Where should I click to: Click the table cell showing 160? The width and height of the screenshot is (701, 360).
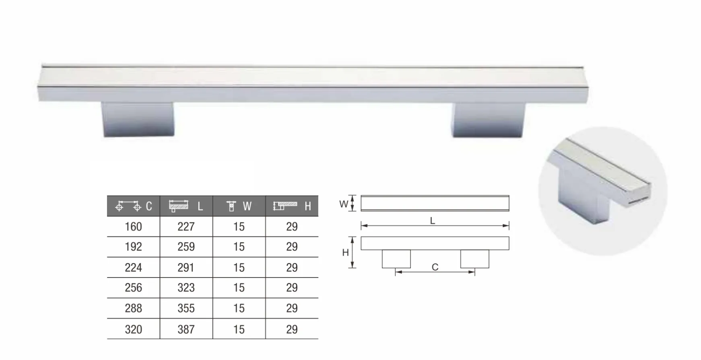pos(133,226)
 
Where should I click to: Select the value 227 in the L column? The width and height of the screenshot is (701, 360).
pos(186,226)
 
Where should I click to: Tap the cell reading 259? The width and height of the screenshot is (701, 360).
pos(186,247)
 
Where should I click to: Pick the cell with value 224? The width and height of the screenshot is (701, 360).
pos(133,267)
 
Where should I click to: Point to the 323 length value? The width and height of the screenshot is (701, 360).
pos(186,288)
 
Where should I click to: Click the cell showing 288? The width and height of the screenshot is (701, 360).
pos(133,308)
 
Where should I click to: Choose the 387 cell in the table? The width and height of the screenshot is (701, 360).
pos(186,329)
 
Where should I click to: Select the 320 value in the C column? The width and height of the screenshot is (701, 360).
pos(133,329)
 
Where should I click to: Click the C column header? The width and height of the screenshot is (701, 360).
pos(133,206)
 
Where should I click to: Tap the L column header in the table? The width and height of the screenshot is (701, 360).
pos(186,206)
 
